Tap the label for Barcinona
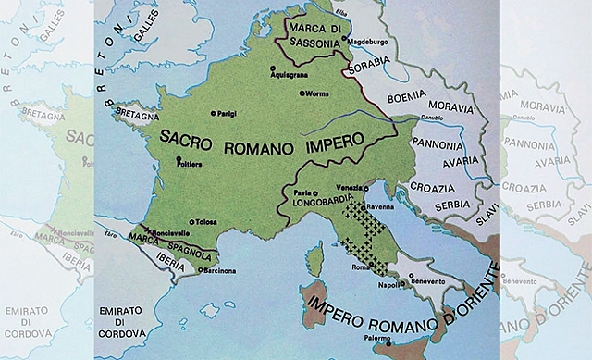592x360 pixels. click(x=221, y=270)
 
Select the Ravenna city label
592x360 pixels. click(x=381, y=208)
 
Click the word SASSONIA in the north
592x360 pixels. click(x=304, y=42)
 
